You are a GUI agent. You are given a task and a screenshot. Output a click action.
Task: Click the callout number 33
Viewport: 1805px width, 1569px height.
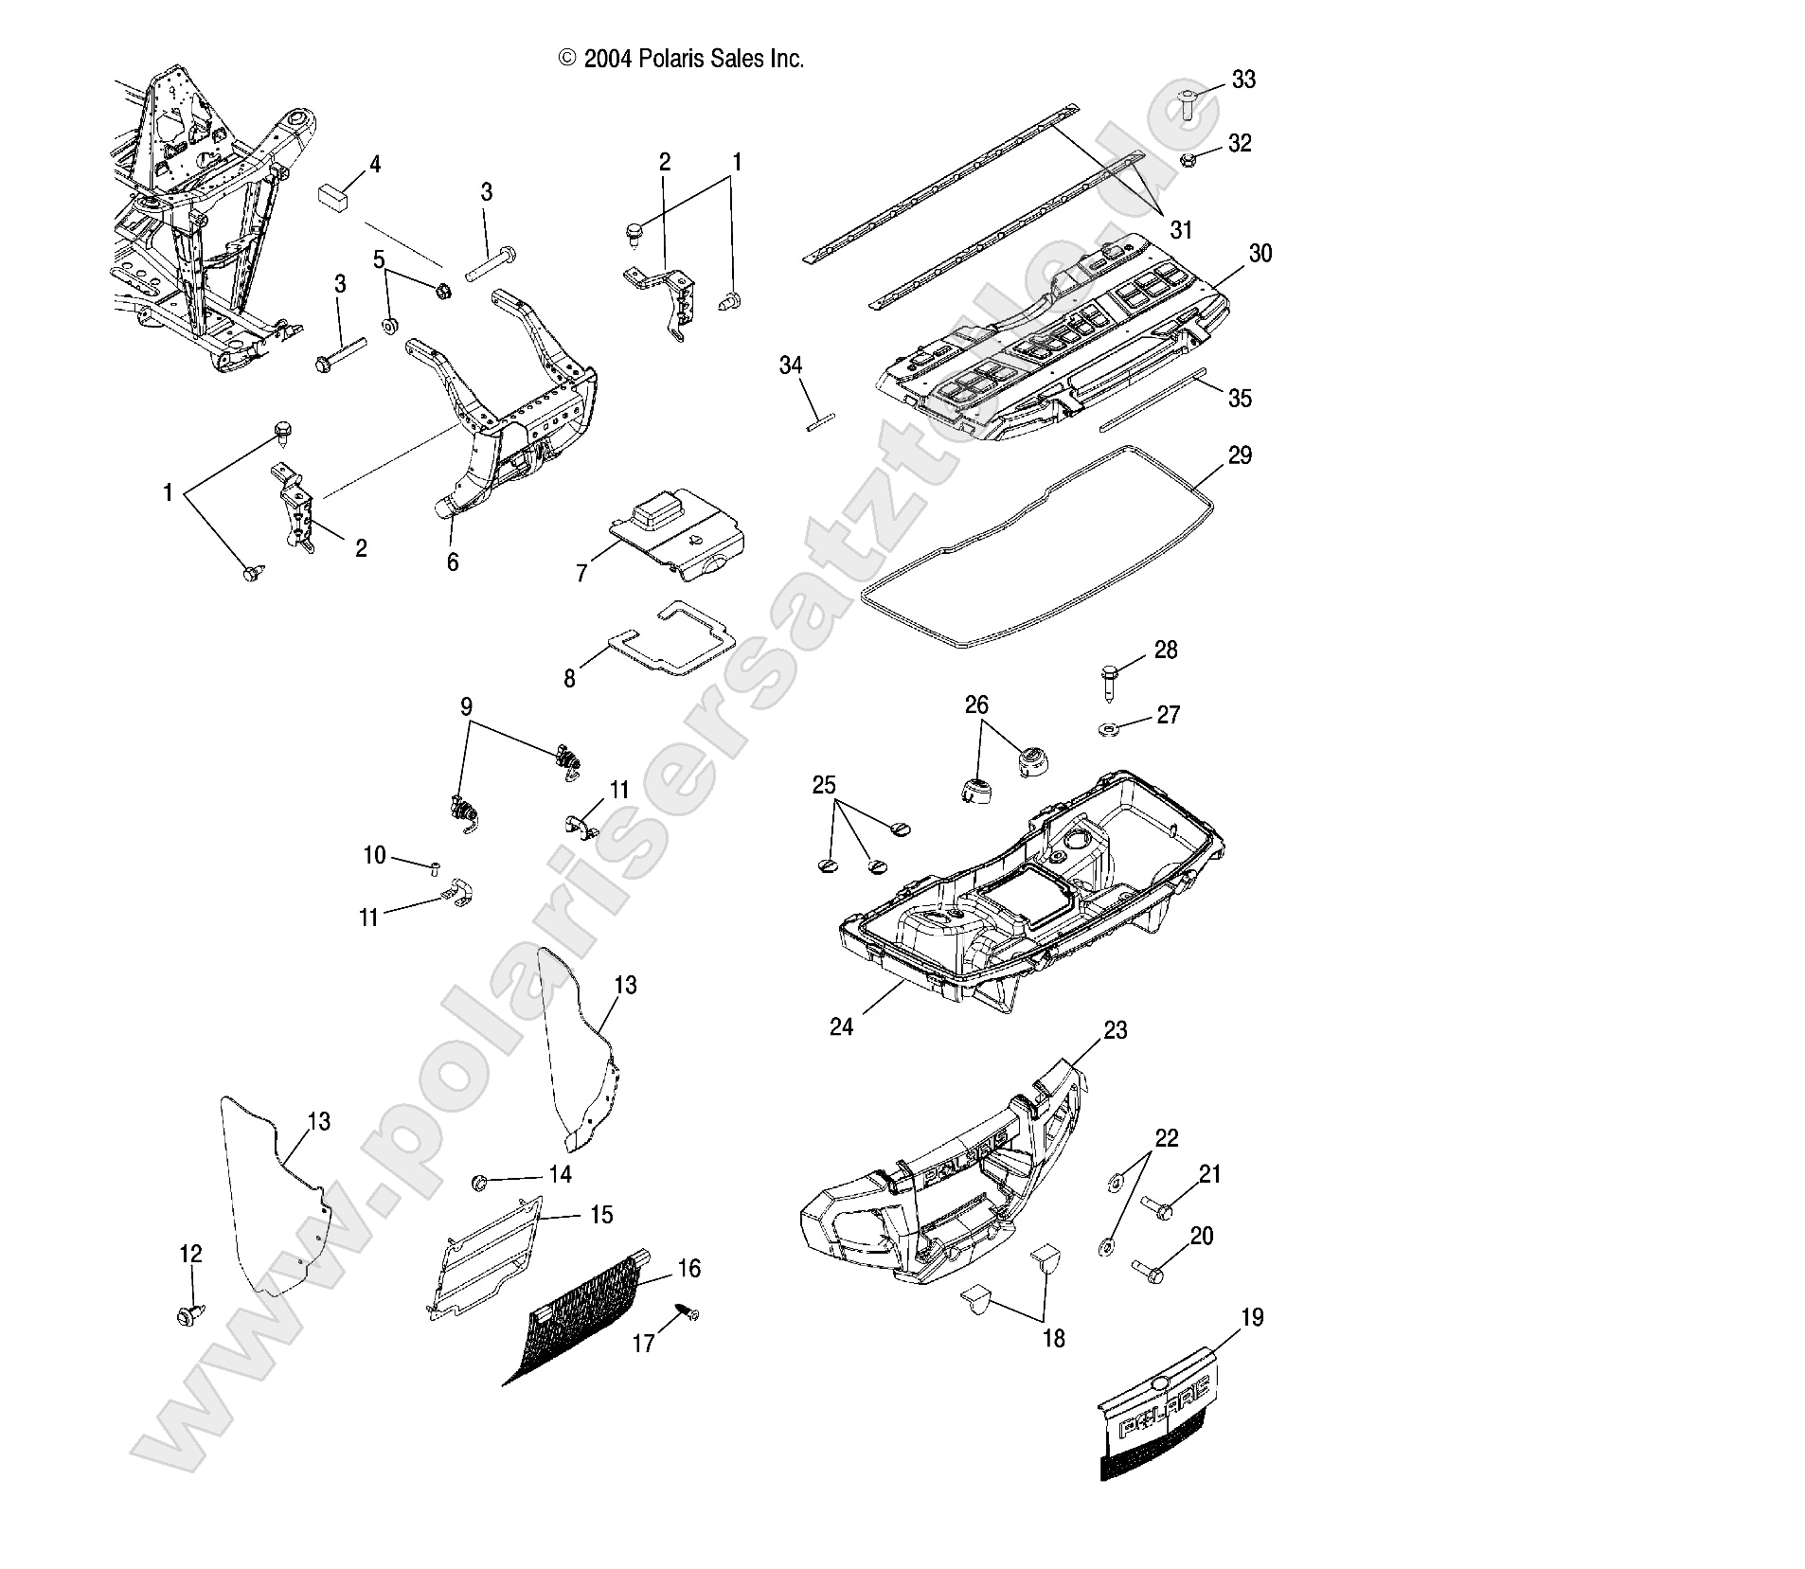click(x=1243, y=80)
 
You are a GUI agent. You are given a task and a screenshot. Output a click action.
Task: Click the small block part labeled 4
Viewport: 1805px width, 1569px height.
click(x=332, y=196)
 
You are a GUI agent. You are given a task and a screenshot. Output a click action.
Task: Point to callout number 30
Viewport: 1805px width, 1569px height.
click(x=1260, y=254)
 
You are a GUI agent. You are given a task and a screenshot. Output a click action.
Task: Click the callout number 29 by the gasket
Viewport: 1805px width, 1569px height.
click(x=1240, y=455)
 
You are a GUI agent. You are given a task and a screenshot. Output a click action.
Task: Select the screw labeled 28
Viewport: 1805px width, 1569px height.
click(x=1110, y=679)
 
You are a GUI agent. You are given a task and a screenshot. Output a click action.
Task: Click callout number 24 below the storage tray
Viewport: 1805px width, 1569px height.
click(x=841, y=1026)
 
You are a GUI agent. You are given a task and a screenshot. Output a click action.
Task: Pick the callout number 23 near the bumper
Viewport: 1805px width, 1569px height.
click(x=1116, y=1029)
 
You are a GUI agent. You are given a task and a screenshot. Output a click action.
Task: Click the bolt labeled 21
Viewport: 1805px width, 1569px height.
click(x=1158, y=1207)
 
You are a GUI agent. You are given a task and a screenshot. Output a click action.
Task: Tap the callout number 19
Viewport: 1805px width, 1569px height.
click(x=1252, y=1317)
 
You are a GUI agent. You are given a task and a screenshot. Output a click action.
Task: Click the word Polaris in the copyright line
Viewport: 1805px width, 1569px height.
click(x=670, y=59)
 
